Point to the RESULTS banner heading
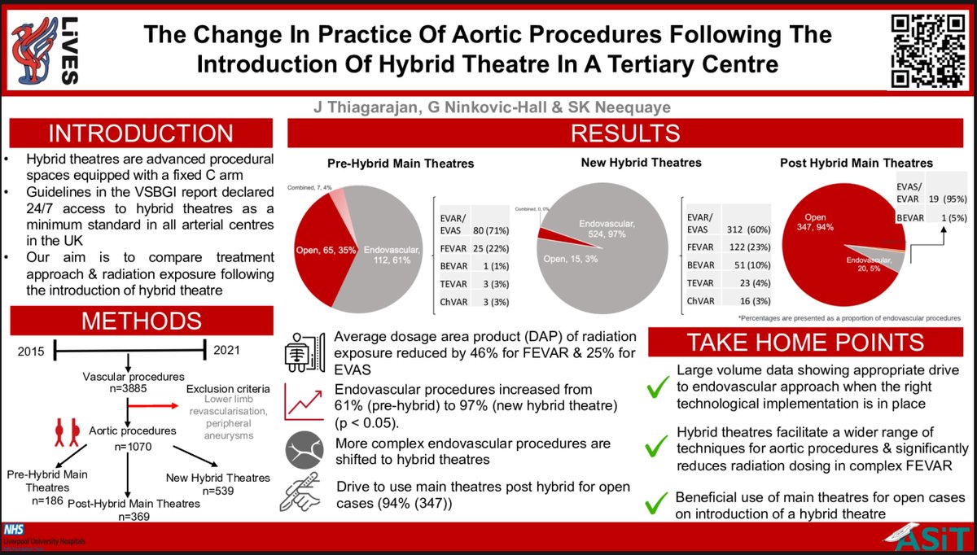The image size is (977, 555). [624, 133]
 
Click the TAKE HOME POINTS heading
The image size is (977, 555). [806, 343]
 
